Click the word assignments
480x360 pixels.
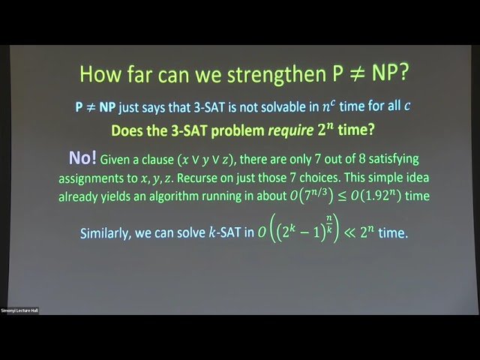pyautogui.click(x=94, y=179)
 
